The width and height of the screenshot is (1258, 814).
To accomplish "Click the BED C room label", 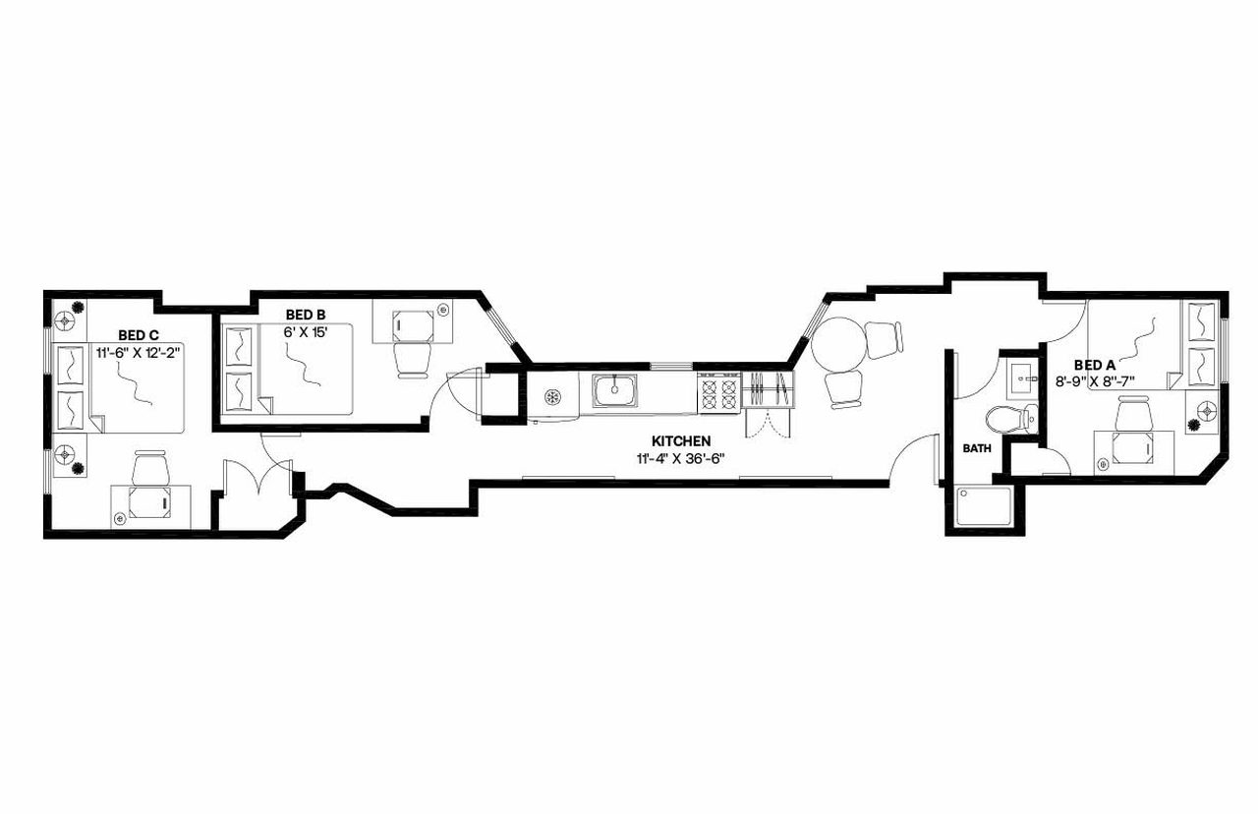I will click(x=140, y=334).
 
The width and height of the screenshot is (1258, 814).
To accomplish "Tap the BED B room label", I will click(x=306, y=315).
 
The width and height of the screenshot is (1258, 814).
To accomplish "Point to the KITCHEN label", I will click(x=681, y=441).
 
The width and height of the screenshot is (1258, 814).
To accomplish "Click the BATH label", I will click(x=977, y=448).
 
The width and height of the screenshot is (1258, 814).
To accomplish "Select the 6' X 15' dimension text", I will click(x=306, y=331).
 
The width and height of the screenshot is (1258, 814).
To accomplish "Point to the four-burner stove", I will click(x=717, y=394).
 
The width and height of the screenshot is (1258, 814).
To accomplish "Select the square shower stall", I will click(x=983, y=506).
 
